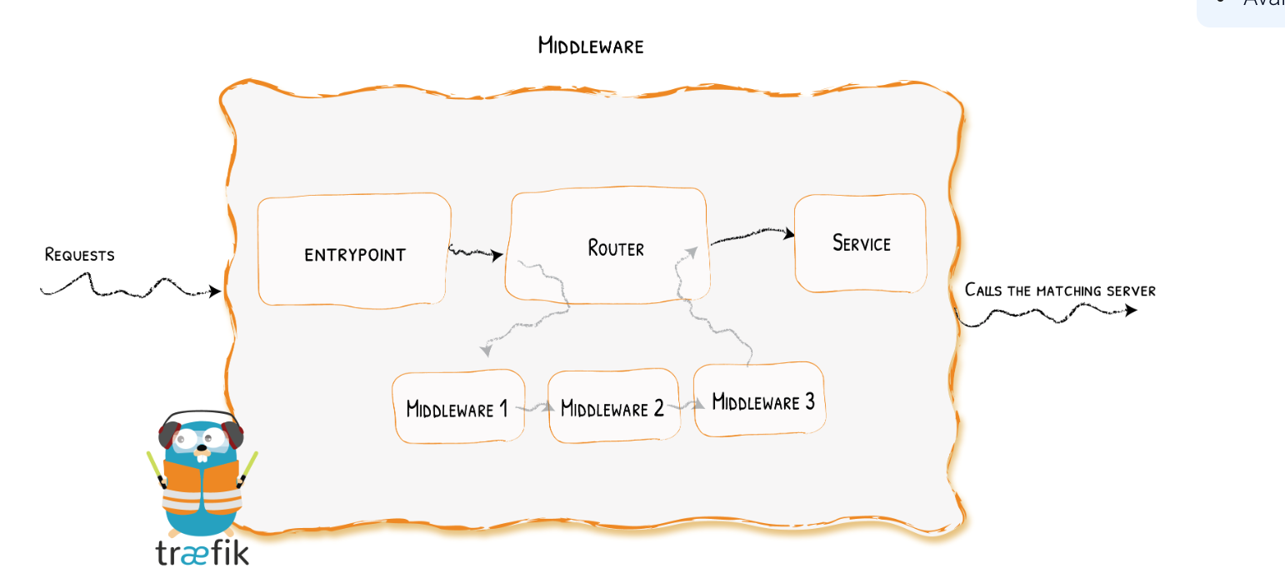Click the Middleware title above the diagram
(590, 45)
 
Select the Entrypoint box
(354, 253)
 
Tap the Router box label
(615, 247)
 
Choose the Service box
(861, 243)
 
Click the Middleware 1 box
(457, 408)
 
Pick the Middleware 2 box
(612, 408)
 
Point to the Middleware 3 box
(762, 401)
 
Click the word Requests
(79, 254)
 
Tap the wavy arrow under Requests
(129, 287)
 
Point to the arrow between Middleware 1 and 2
(536, 408)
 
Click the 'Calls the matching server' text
(1059, 290)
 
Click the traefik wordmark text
(202, 551)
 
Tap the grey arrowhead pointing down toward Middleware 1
(486, 351)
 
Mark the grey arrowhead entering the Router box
(692, 250)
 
